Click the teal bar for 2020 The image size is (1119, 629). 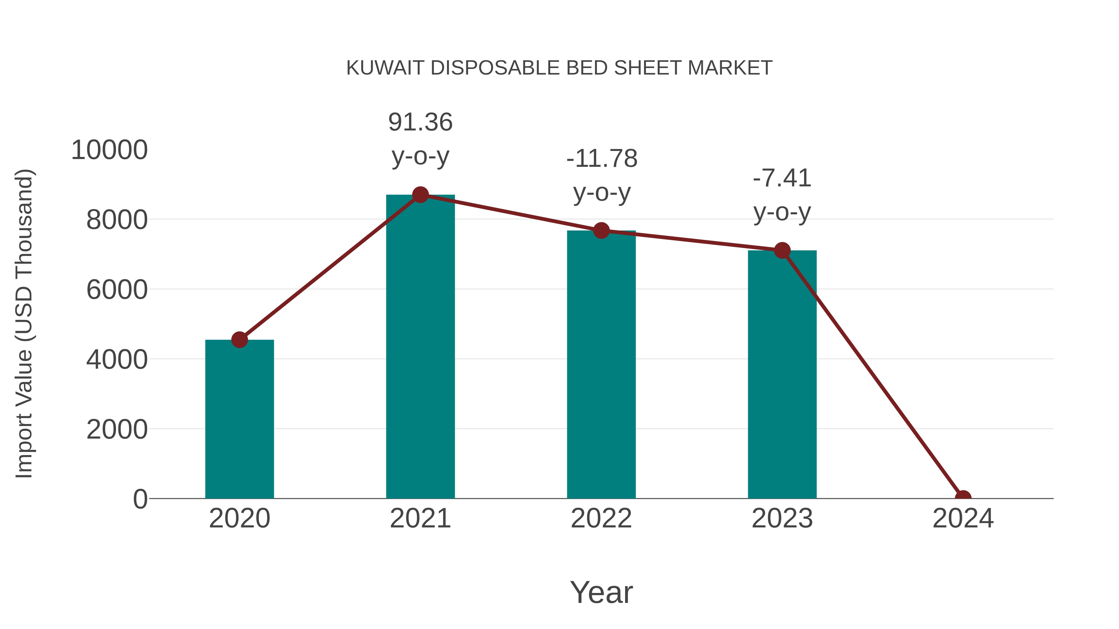[x=239, y=419]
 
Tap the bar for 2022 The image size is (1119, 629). [x=601, y=364]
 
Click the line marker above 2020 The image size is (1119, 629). [x=239, y=340]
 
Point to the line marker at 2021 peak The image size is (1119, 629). [x=420, y=195]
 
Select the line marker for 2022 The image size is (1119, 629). [x=601, y=230]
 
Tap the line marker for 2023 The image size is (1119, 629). [x=782, y=250]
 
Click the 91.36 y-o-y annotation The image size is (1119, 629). [x=420, y=139]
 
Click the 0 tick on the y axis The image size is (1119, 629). [x=140, y=499]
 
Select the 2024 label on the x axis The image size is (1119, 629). [x=963, y=518]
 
